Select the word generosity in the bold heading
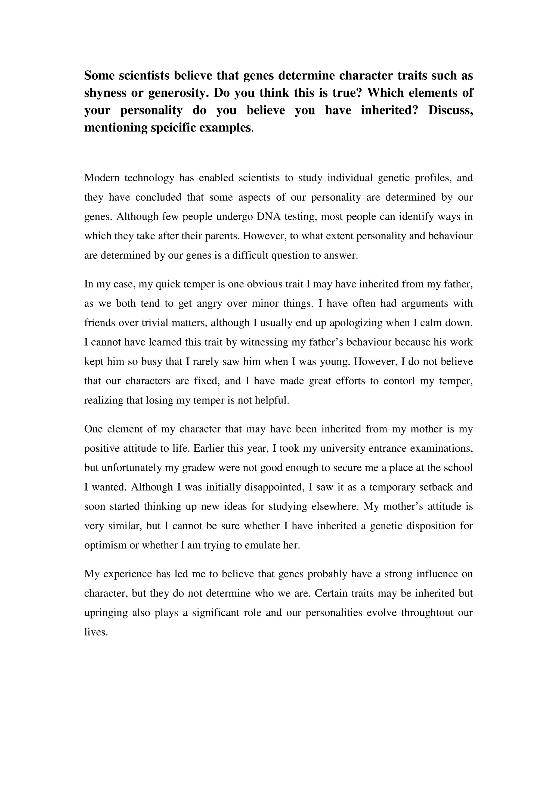tap(177, 93)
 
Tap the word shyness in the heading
tap(105, 93)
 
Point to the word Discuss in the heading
tap(450, 110)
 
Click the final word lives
tap(96, 632)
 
